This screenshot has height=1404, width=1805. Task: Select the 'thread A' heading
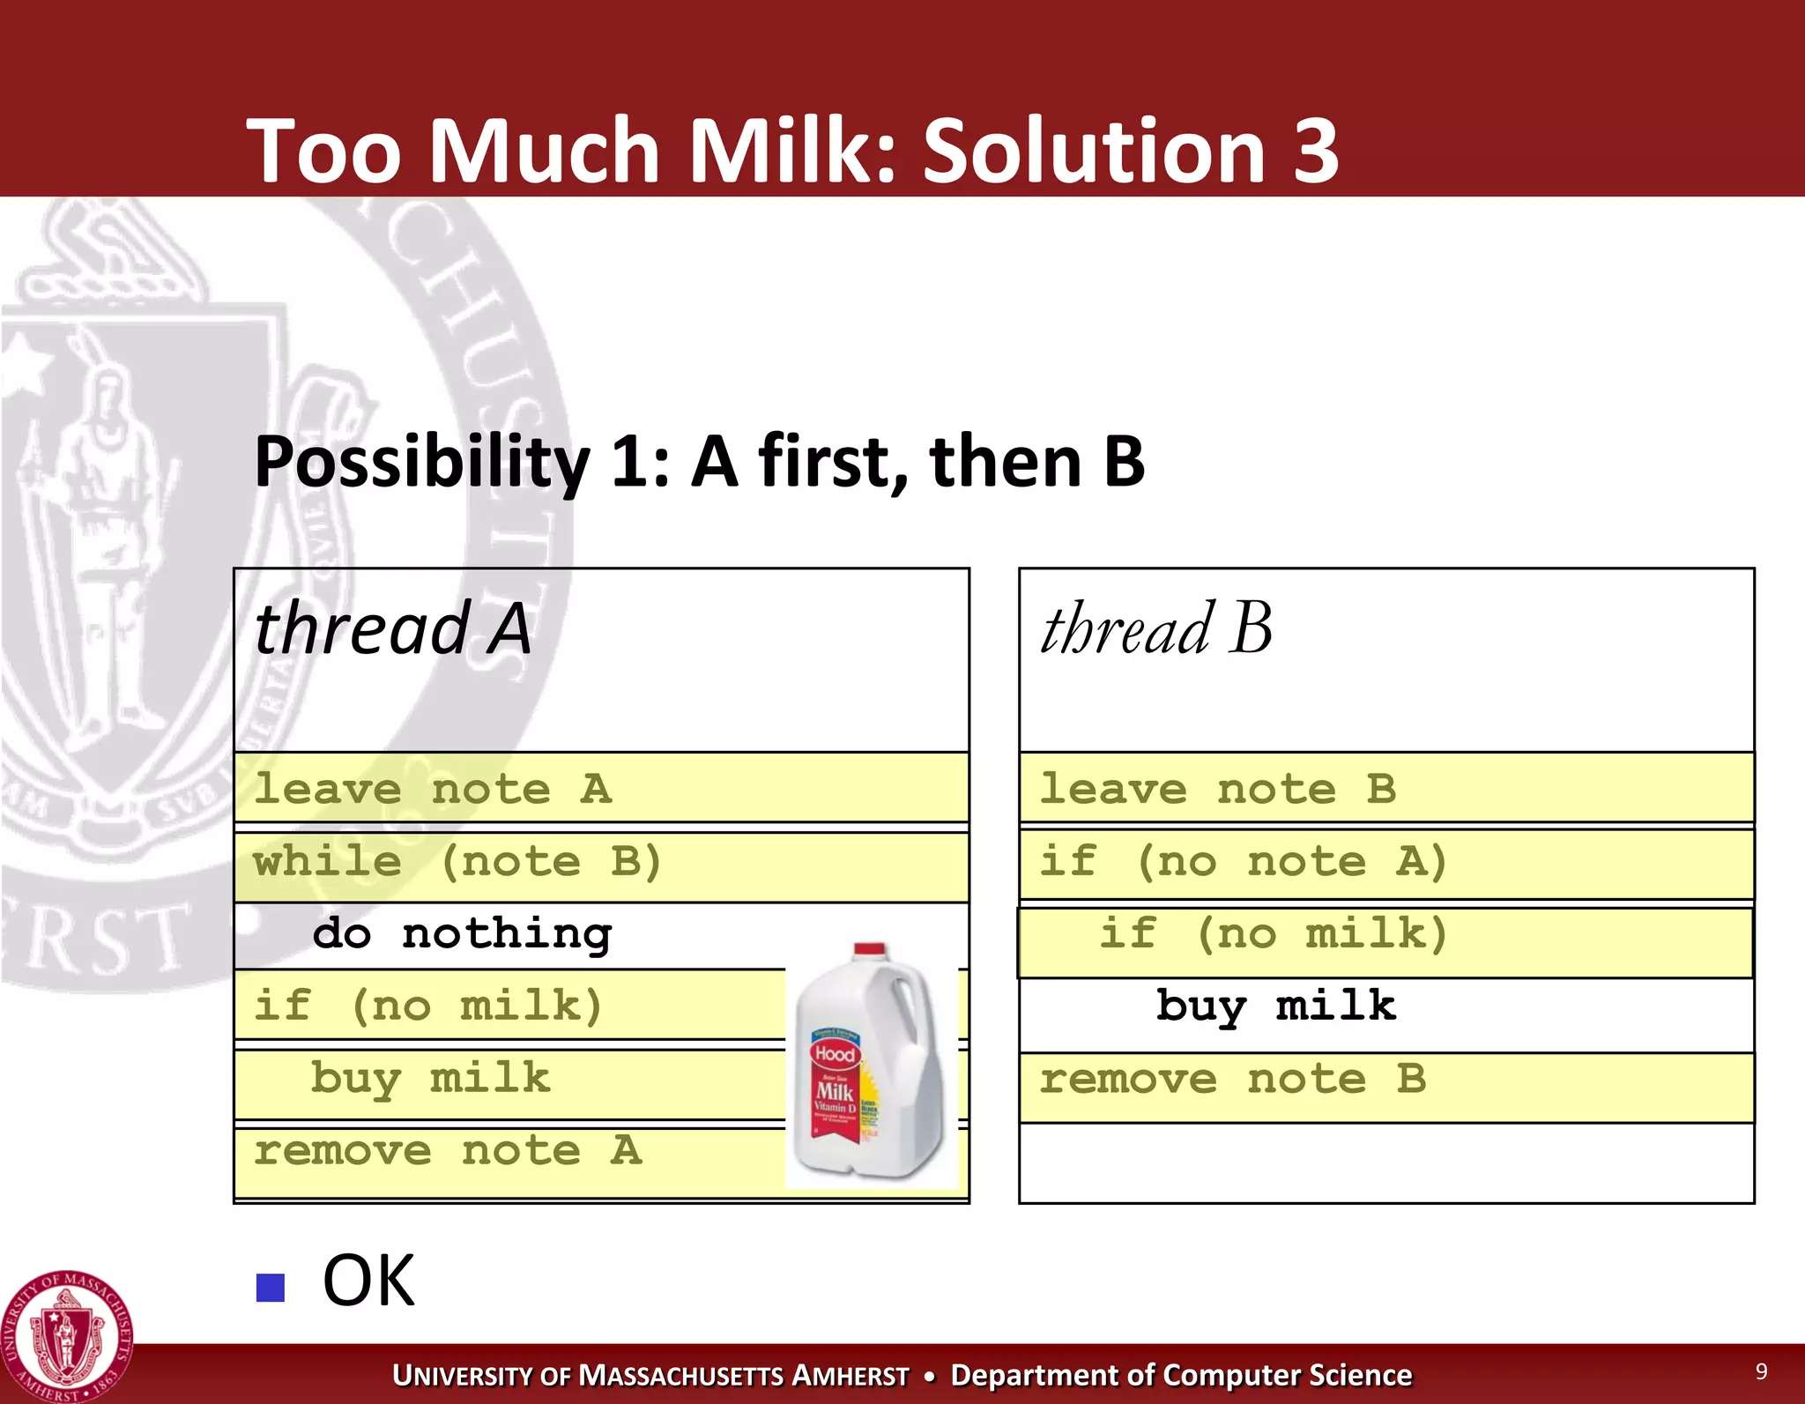coord(392,629)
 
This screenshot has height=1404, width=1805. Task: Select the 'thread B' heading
coord(1156,629)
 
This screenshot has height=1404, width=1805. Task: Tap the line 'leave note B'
coord(1218,789)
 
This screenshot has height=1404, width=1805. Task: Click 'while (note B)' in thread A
coord(457,862)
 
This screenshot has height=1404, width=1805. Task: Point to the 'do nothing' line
coord(462,934)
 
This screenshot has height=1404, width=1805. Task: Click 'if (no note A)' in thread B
coord(1243,862)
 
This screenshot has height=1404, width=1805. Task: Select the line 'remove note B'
coord(1232,1080)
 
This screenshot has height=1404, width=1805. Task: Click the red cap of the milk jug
coord(869,950)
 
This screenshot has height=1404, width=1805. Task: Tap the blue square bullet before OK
coord(270,1288)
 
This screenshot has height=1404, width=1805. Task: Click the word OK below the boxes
coord(368,1281)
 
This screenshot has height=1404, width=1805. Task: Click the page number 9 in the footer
coord(1761,1371)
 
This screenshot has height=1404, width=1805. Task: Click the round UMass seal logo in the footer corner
coord(67,1336)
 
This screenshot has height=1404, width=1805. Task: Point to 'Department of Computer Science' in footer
coord(1181,1375)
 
